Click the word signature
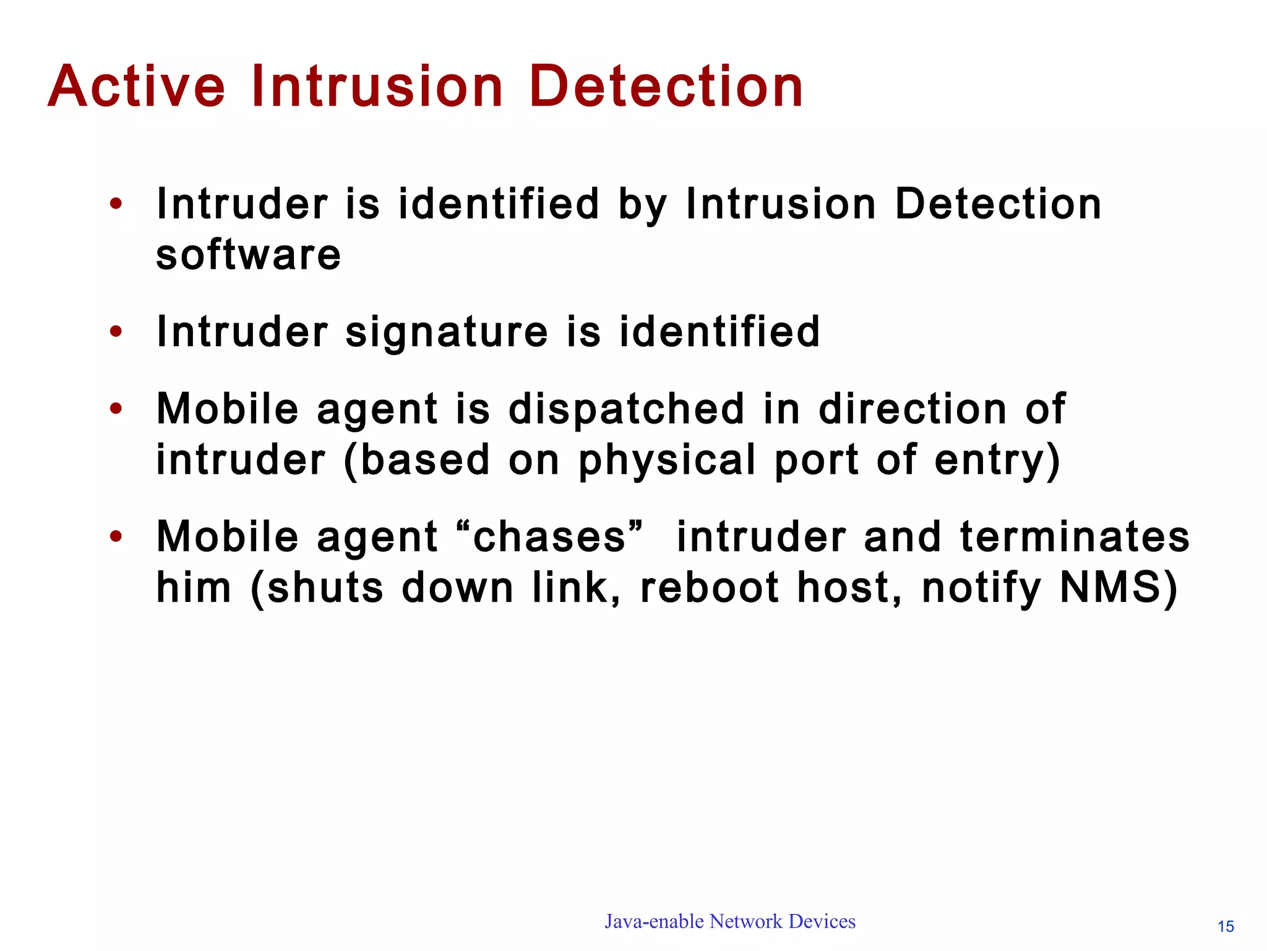446,332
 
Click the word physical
667,461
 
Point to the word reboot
709,588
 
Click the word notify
981,588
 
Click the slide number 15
1226,927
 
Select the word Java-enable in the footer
654,921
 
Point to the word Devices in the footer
822,921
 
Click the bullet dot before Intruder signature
116,332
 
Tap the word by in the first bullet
643,204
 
